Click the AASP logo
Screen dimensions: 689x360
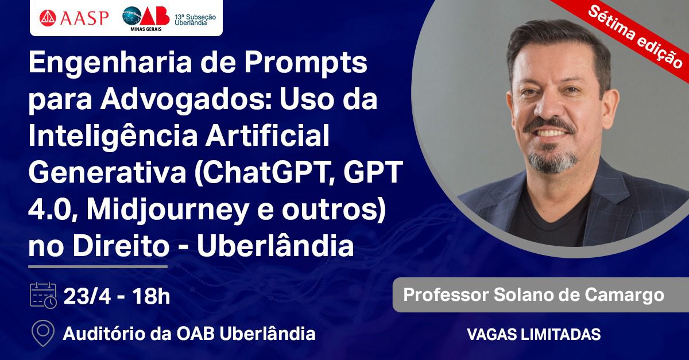coord(74,18)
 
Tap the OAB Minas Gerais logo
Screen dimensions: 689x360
coord(146,18)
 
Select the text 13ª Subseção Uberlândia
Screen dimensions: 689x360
coord(195,20)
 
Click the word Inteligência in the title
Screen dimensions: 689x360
coord(113,136)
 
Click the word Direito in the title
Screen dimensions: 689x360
coord(121,246)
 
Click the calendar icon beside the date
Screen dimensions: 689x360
coord(43,295)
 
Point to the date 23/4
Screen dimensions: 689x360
coord(87,296)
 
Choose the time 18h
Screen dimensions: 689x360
coord(151,296)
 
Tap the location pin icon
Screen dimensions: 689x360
coord(43,333)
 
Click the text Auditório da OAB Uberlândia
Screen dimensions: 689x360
coord(189,334)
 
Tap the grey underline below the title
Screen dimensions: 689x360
coord(98,267)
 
